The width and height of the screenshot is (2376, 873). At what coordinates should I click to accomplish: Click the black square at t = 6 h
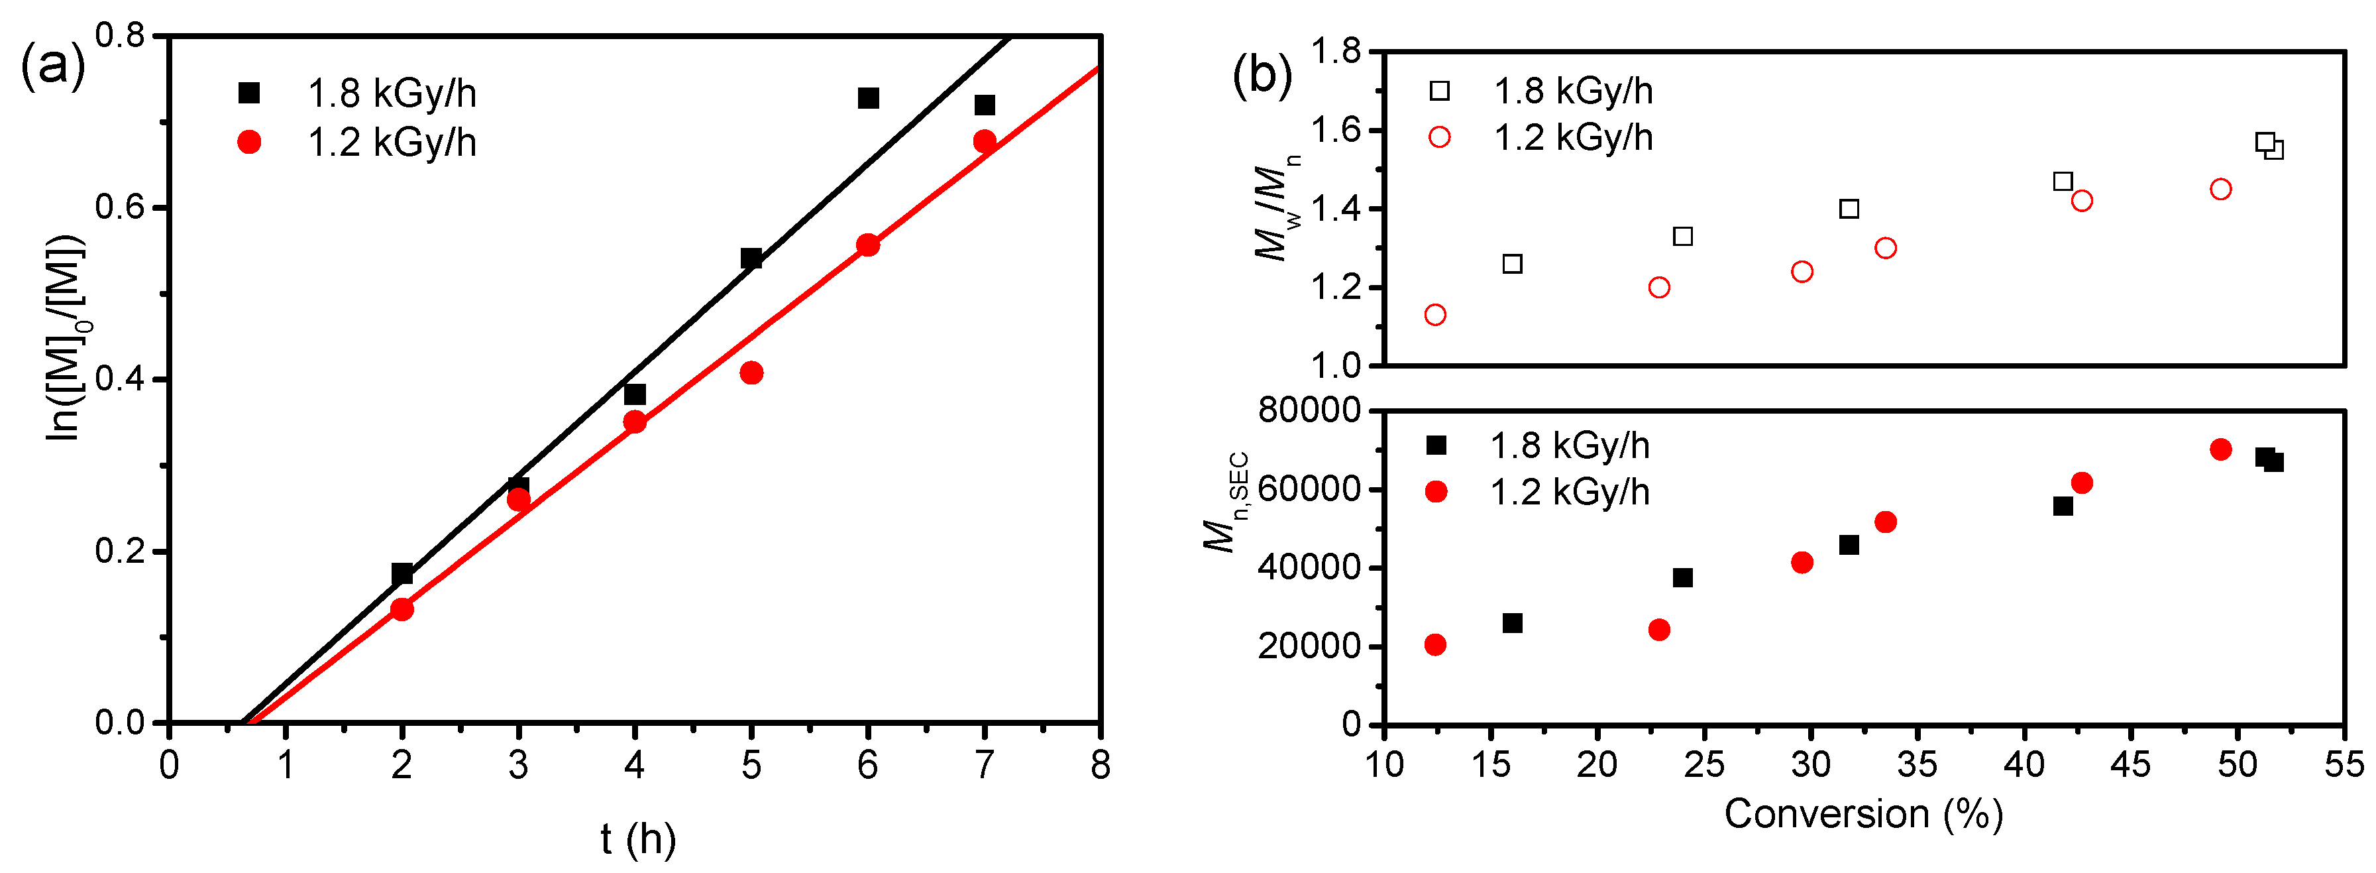(x=868, y=98)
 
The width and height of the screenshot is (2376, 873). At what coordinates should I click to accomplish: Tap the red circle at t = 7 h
(x=984, y=141)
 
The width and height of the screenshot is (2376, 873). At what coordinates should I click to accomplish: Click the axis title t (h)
(x=637, y=838)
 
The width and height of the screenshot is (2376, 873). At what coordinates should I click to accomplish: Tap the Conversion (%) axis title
(x=1863, y=814)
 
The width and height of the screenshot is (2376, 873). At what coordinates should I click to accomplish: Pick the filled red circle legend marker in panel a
(x=249, y=142)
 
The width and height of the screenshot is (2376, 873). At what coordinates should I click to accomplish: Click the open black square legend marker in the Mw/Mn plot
(x=1439, y=90)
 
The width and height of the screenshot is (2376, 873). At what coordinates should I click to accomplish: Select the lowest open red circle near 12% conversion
(x=1435, y=315)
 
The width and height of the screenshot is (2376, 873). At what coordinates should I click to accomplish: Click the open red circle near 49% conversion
(x=2221, y=189)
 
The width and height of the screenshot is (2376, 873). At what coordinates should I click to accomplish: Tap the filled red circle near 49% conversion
(x=2221, y=449)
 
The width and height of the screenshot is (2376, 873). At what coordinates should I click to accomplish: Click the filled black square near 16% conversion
(x=1513, y=623)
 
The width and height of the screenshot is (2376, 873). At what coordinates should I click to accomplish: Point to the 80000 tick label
(x=1309, y=411)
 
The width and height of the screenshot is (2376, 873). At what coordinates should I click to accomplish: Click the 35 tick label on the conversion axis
(x=1917, y=765)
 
